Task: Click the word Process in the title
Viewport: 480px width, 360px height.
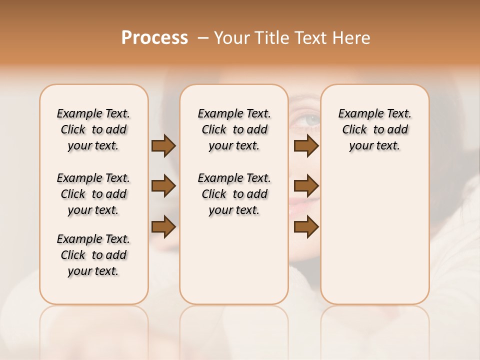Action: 154,38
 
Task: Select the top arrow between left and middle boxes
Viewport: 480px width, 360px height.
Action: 163,146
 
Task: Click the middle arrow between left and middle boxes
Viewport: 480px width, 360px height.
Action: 163,186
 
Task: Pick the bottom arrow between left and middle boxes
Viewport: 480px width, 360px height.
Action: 163,227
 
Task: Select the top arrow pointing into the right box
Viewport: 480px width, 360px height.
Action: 306,146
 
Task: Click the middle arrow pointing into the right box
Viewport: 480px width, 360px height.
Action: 306,186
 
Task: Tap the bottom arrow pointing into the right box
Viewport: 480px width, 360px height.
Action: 306,227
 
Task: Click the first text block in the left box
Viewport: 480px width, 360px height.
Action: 93,129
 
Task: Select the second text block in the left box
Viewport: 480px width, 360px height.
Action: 93,194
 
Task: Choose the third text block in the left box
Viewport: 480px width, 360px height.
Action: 93,255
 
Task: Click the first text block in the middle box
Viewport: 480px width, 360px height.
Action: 234,129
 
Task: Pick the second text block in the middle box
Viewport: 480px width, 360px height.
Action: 234,194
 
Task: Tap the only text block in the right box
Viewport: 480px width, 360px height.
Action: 374,129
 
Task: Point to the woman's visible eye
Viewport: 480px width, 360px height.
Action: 311,119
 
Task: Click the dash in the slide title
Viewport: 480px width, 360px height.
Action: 203,38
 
